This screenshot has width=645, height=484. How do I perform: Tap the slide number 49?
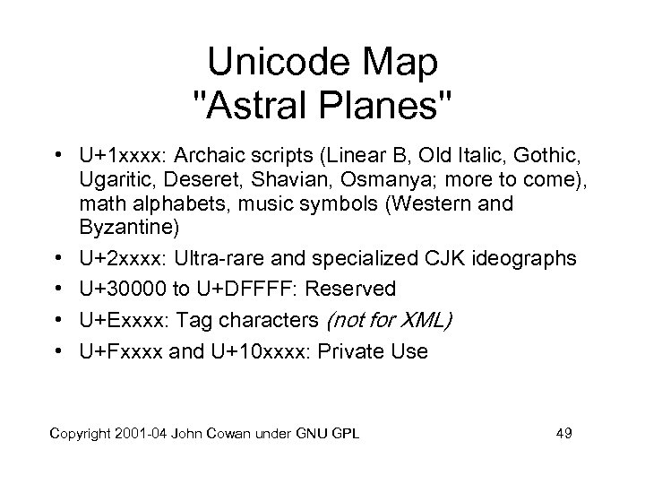563,435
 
